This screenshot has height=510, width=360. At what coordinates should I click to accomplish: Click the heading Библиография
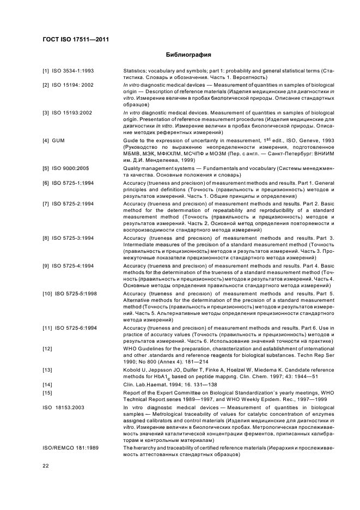pos(188,55)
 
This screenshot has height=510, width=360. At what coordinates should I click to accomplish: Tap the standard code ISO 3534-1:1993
pos(73,71)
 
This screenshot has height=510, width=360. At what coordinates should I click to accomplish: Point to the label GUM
pos(58,141)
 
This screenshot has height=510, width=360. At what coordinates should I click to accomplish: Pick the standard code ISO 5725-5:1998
pos(76,293)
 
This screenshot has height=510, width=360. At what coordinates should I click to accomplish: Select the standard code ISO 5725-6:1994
pos(76,327)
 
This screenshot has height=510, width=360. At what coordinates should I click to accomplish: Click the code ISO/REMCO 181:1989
pos(69,447)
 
